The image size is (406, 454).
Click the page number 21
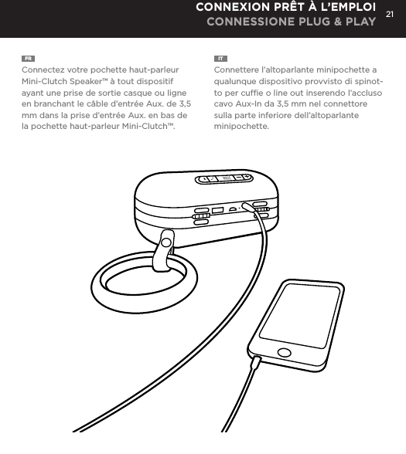tap(391, 14)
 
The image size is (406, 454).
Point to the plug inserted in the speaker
tap(250, 207)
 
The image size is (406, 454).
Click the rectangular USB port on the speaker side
tap(218, 210)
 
